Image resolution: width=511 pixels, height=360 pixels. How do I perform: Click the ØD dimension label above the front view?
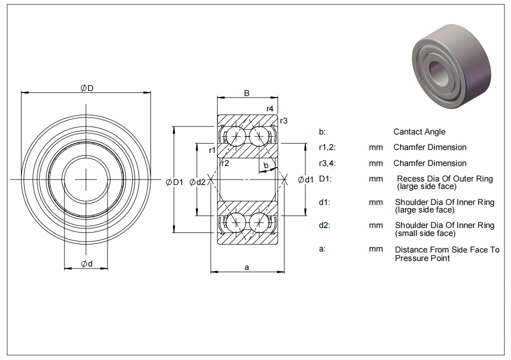click(87, 88)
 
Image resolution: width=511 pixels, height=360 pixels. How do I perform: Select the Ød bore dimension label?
click(86, 264)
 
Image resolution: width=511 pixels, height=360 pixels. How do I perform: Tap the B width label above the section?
click(246, 93)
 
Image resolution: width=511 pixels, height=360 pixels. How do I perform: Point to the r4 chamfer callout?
click(269, 109)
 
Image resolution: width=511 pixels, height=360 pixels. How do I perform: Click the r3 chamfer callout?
click(283, 120)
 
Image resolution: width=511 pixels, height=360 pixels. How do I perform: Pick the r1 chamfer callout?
click(212, 150)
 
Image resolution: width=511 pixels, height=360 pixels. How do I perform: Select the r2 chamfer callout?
click(225, 163)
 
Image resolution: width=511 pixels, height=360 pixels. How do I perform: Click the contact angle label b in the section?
click(266, 165)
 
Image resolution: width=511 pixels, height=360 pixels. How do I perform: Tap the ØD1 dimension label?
click(175, 182)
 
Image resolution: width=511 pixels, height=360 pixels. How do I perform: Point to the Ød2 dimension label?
click(197, 182)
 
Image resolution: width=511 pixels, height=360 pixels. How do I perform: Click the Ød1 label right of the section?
click(305, 179)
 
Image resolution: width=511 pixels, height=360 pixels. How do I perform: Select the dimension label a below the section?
click(246, 267)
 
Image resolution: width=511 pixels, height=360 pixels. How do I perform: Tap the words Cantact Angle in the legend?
click(419, 132)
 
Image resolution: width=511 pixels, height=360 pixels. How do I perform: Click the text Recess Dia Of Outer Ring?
click(444, 178)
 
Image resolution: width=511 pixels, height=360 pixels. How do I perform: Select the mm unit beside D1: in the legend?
click(375, 178)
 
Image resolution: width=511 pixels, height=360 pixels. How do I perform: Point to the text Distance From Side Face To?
click(447, 249)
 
